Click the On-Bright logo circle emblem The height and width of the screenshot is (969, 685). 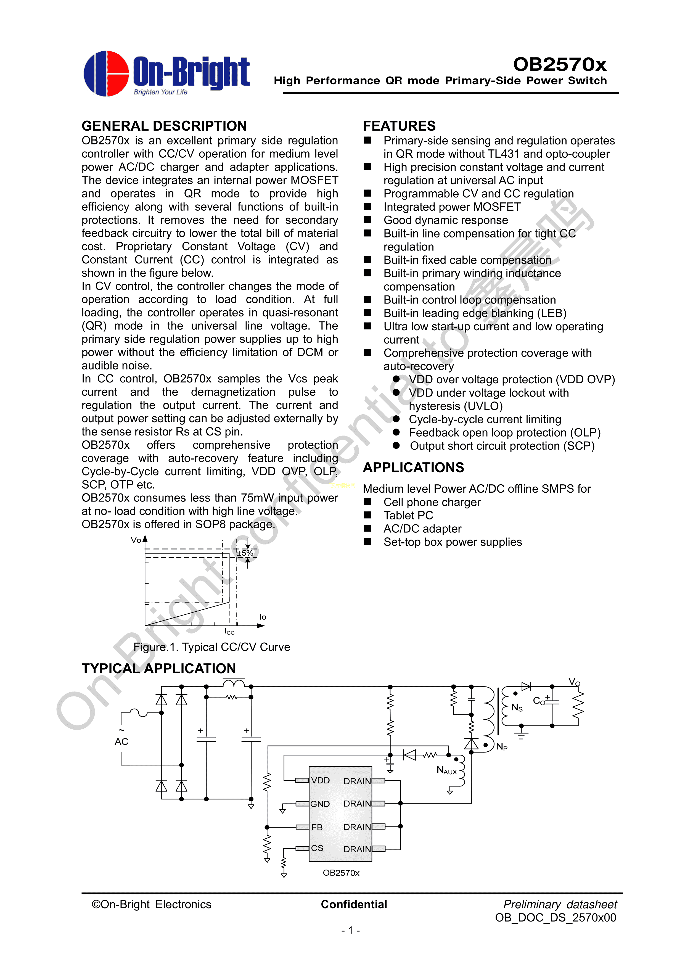[x=106, y=74]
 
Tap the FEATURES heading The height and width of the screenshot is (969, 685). [x=399, y=126]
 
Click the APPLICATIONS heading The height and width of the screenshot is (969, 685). [x=413, y=467]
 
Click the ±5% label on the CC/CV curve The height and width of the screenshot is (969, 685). [x=245, y=553]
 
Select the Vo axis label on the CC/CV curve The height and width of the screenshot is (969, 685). [x=136, y=540]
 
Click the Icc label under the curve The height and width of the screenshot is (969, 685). [x=229, y=631]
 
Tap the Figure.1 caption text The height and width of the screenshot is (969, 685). [x=211, y=647]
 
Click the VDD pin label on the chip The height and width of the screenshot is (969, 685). [x=320, y=780]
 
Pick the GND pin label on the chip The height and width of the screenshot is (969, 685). [x=320, y=804]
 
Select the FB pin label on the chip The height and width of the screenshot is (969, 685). [x=317, y=827]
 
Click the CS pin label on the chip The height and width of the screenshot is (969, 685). [x=317, y=848]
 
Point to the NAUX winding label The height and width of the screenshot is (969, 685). [x=446, y=771]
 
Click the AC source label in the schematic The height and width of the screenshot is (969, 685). [x=121, y=741]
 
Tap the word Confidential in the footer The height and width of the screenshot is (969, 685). [x=354, y=904]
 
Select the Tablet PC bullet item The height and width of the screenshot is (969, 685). [x=408, y=515]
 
